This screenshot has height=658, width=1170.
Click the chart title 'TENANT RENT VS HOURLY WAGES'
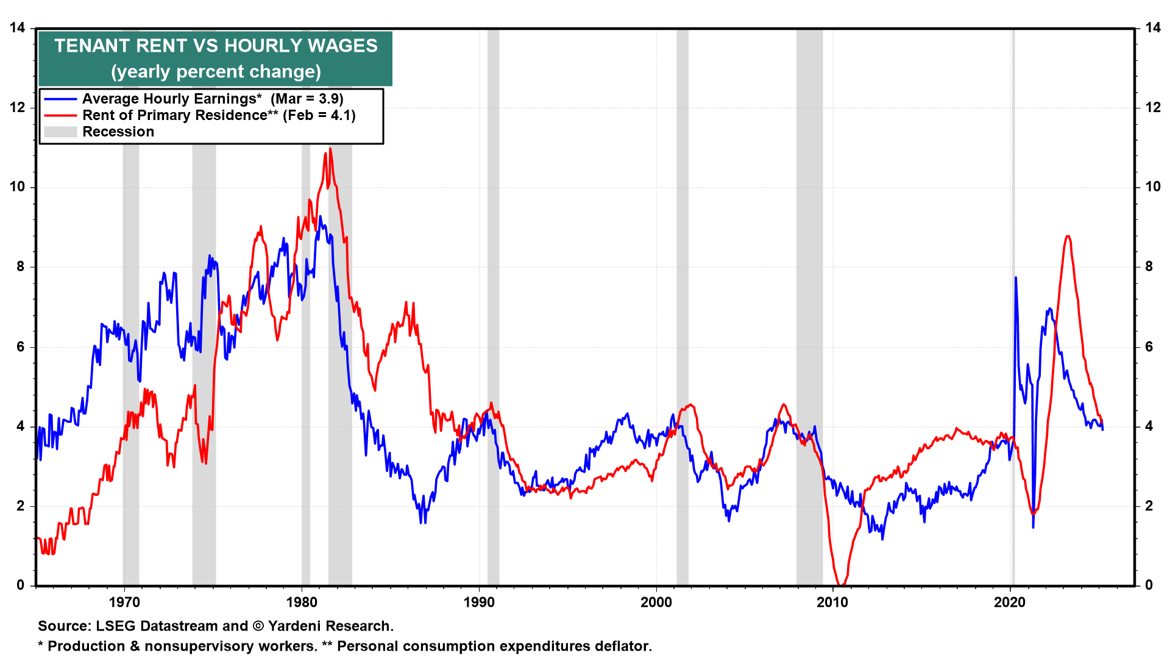tap(216, 46)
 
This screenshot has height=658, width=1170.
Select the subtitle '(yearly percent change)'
tap(216, 72)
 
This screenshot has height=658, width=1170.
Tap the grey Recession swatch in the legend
tap(60, 132)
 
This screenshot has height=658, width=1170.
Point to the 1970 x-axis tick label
tap(124, 602)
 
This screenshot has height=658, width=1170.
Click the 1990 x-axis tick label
tap(479, 602)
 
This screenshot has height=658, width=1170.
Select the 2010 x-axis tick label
tap(832, 602)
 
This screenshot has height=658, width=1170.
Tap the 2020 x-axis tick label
tap(1010, 602)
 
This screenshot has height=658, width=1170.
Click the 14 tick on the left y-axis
tap(17, 28)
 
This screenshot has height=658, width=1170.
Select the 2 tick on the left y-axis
tap(21, 506)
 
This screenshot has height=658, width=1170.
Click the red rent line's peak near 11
tap(330, 149)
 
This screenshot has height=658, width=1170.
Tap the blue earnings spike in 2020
tap(1016, 278)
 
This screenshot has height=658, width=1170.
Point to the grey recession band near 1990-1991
tap(493, 305)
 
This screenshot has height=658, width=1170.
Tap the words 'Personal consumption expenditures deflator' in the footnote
tap(494, 646)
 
